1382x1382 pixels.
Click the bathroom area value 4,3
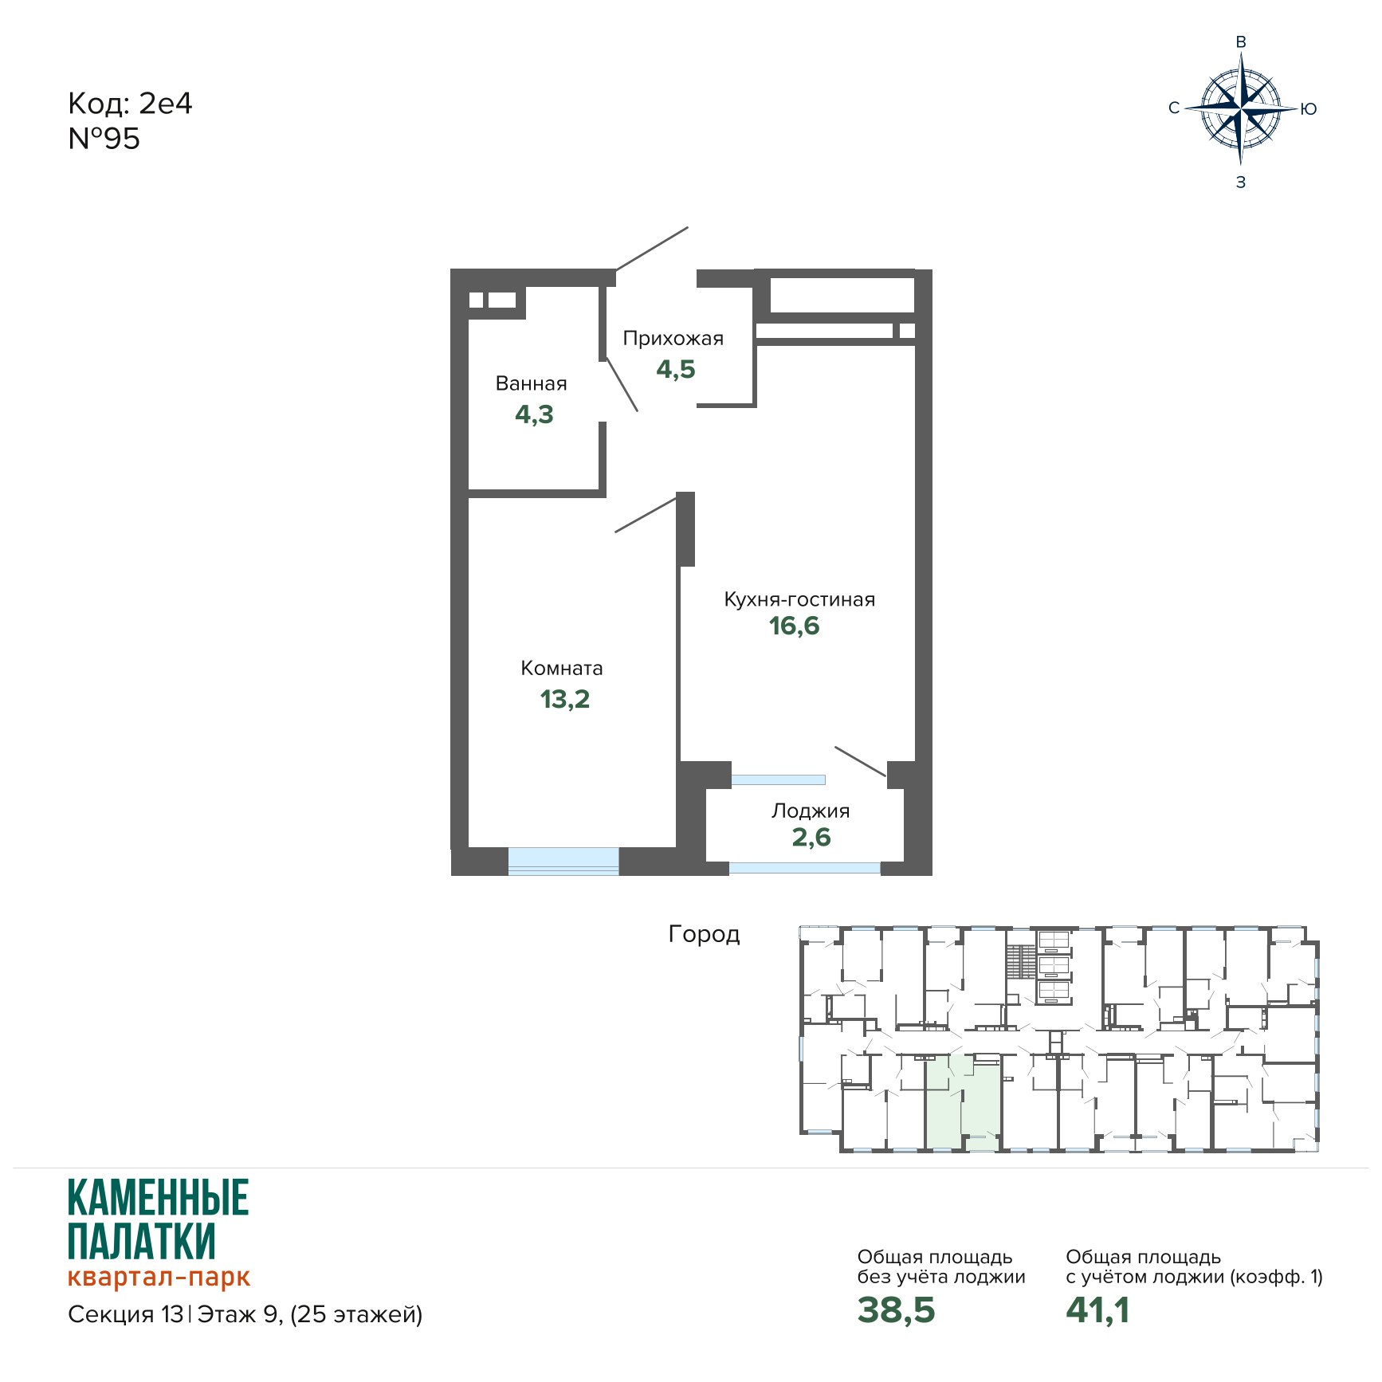pyautogui.click(x=534, y=414)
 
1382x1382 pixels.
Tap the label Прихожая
pyautogui.click(x=673, y=339)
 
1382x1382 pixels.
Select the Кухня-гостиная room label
pyautogui.click(x=799, y=599)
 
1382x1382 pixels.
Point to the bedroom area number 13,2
pyautogui.click(x=565, y=699)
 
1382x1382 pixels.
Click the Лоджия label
pyautogui.click(x=811, y=811)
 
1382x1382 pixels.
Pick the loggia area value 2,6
pyautogui.click(x=811, y=837)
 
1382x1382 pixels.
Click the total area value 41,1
pyautogui.click(x=1098, y=1310)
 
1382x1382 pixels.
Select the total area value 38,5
pyautogui.click(x=897, y=1310)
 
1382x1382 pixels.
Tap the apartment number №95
pyautogui.click(x=104, y=139)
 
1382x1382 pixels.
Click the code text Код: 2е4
pyautogui.click(x=130, y=104)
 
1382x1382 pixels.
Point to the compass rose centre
pyautogui.click(x=1240, y=108)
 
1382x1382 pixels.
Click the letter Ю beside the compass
pyautogui.click(x=1309, y=109)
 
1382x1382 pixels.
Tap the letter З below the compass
pyautogui.click(x=1241, y=183)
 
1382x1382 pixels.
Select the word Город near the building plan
pyautogui.click(x=704, y=934)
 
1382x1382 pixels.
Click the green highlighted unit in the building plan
pyautogui.click(x=963, y=1101)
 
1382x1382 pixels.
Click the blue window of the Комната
pyautogui.click(x=563, y=861)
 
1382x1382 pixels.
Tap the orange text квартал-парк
pyautogui.click(x=159, y=1277)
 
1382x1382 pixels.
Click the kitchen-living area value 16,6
pyautogui.click(x=795, y=626)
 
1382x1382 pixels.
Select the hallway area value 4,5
pyautogui.click(x=676, y=369)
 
